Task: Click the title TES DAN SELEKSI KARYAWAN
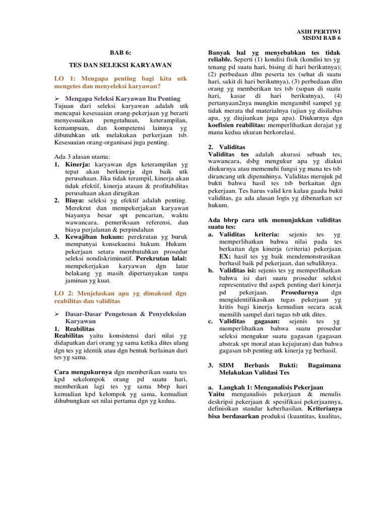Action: (x=120, y=65)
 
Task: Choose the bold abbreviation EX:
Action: (x=225, y=256)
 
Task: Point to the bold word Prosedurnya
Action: (x=299, y=292)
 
